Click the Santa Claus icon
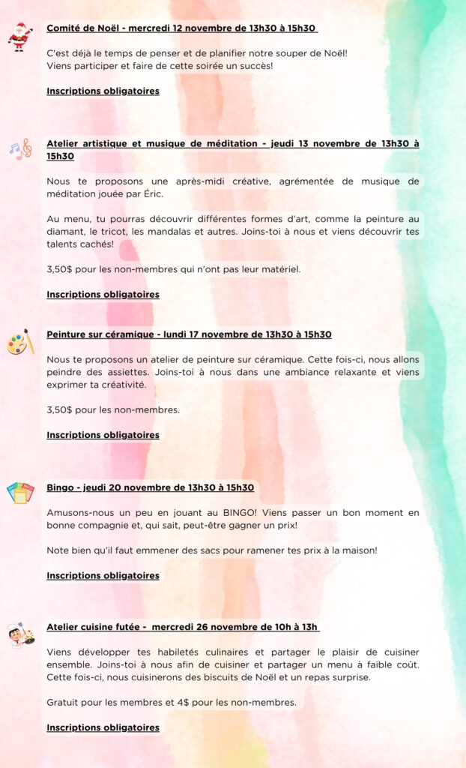pyautogui.click(x=20, y=36)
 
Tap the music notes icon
pyautogui.click(x=20, y=148)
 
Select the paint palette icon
pyautogui.click(x=20, y=343)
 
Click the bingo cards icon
pyautogui.click(x=20, y=493)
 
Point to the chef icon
pyautogui.click(x=20, y=634)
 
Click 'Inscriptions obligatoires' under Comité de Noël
pyautogui.click(x=103, y=91)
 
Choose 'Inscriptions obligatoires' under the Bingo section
pyautogui.click(x=103, y=576)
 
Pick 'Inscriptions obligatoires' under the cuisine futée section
pyautogui.click(x=103, y=727)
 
